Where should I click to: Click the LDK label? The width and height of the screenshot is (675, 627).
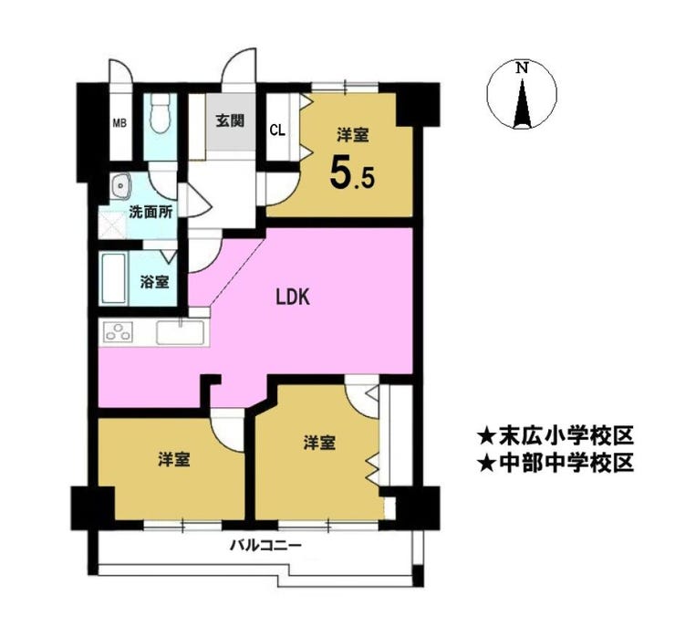pyautogui.click(x=293, y=298)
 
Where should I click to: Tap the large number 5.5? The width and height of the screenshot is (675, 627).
pyautogui.click(x=353, y=173)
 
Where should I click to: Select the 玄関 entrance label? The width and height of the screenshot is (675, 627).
pyautogui.click(x=230, y=120)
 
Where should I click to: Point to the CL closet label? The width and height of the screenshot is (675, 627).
pyautogui.click(x=277, y=130)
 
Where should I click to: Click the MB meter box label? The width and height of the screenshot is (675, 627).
pyautogui.click(x=119, y=123)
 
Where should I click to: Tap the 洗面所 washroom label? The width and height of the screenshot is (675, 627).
pyautogui.click(x=151, y=213)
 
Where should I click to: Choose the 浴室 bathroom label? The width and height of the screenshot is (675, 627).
pyautogui.click(x=154, y=283)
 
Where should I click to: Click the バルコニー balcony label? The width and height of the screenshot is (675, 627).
pyautogui.click(x=265, y=546)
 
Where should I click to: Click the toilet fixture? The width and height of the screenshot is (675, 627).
pyautogui.click(x=160, y=113)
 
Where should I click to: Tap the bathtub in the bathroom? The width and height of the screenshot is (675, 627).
pyautogui.click(x=114, y=278)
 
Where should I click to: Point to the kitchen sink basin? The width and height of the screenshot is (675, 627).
pyautogui.click(x=180, y=333)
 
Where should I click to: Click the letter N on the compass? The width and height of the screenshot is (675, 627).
pyautogui.click(x=522, y=68)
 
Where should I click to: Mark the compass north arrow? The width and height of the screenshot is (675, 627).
pyautogui.click(x=522, y=102)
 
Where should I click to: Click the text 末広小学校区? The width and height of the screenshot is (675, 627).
pyautogui.click(x=566, y=436)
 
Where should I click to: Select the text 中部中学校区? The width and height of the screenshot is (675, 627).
pyautogui.click(x=566, y=463)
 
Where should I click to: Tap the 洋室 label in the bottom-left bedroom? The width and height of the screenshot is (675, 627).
pyautogui.click(x=173, y=459)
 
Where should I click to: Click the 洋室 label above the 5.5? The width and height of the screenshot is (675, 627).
pyautogui.click(x=352, y=135)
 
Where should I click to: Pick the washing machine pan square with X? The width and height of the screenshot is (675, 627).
pyautogui.click(x=112, y=225)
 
